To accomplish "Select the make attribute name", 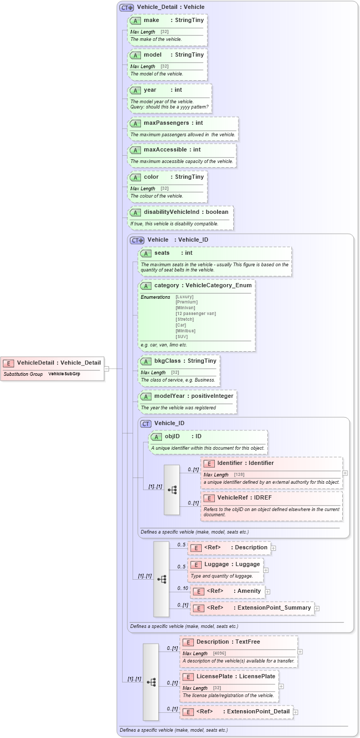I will coord(151,20).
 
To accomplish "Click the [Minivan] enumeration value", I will coord(186,308).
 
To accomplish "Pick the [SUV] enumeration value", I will coord(182,337).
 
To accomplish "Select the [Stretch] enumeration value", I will coord(185,319).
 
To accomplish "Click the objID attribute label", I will coord(172,436).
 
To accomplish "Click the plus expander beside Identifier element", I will coord(345,473).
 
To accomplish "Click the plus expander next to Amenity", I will coord(268,592).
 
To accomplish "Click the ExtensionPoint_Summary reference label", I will coord(274,608).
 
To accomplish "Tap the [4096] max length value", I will coord(220,654).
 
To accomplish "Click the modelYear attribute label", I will coord(170,396).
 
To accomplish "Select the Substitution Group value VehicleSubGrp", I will coord(64,374).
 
